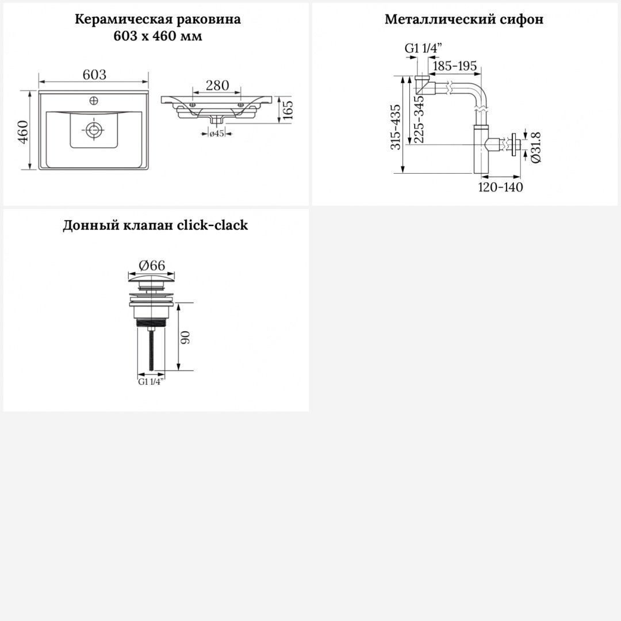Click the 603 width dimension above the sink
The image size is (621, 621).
point(94,74)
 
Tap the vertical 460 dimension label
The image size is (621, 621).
point(24,132)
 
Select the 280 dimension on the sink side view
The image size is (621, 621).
point(217,85)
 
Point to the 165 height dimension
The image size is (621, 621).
point(288,110)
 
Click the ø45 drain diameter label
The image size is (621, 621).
point(217,133)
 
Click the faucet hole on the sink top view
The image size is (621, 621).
point(94,101)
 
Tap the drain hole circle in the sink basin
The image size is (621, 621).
point(94,129)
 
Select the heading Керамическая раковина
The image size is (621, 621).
point(158,19)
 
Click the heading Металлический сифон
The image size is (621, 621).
point(464,19)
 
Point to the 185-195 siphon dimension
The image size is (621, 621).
point(455,66)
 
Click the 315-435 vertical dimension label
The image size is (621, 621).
point(396,127)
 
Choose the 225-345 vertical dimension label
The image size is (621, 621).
point(419,119)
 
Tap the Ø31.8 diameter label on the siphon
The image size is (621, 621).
point(535,147)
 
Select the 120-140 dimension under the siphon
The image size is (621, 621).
point(501,187)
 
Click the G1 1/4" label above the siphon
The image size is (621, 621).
point(423,48)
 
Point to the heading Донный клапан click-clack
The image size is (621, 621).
point(155,225)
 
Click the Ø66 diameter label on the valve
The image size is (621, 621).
point(152,265)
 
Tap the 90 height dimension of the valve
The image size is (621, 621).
point(186,337)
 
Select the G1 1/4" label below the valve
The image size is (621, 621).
point(151,382)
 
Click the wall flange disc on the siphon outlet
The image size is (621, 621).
point(515,145)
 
